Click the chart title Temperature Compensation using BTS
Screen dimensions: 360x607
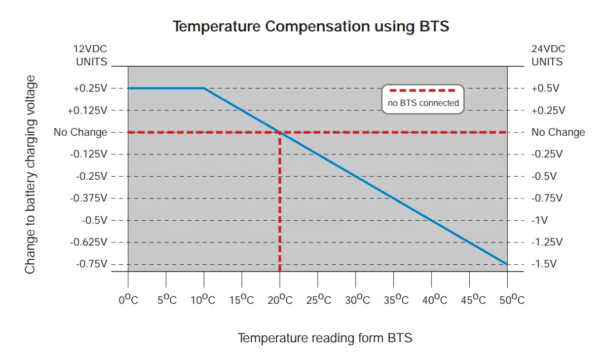pyautogui.click(x=311, y=26)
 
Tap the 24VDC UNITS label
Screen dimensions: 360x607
pyautogui.click(x=548, y=56)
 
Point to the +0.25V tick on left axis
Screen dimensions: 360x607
pyautogui.click(x=91, y=89)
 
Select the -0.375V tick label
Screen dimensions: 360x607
pyautogui.click(x=89, y=198)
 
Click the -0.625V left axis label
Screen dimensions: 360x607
pyautogui.click(x=89, y=242)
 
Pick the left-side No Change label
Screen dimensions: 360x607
pyautogui.click(x=81, y=133)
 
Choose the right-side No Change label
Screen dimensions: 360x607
pyautogui.click(x=558, y=133)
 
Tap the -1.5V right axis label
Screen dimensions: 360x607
pyautogui.click(x=544, y=264)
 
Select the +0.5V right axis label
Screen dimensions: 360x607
pyautogui.click(x=545, y=89)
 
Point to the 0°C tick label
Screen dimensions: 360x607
pyautogui.click(x=128, y=299)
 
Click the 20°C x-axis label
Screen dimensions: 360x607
pyautogui.click(x=280, y=299)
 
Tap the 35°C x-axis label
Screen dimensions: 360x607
pyautogui.click(x=394, y=299)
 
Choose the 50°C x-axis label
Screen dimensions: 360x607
pyautogui.click(x=507, y=299)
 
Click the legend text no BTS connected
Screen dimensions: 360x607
pyautogui.click(x=423, y=103)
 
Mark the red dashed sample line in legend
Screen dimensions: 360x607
pyautogui.click(x=423, y=91)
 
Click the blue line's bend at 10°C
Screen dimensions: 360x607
pyautogui.click(x=204, y=89)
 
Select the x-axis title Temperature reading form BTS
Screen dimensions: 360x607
pyautogui.click(x=325, y=338)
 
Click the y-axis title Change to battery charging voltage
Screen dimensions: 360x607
pyautogui.click(x=30, y=175)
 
